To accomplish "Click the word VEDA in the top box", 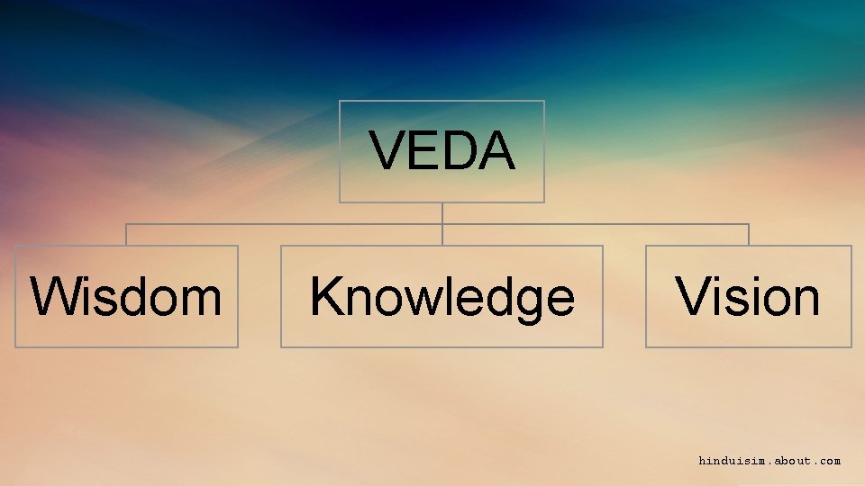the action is [442, 150].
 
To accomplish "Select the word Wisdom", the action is [126, 297].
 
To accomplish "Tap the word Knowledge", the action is [442, 298].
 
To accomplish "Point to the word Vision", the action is [748, 297].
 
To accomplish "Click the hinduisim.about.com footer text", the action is [769, 461].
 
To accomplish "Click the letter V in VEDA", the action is [386, 150].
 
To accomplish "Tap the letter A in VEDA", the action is [497, 150].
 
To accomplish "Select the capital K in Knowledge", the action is [325, 297].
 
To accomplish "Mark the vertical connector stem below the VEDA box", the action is [442, 213].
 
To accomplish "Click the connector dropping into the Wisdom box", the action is [126, 235].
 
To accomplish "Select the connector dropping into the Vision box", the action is [749, 235].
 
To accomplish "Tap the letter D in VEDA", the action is [460, 150].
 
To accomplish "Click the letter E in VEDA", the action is [422, 150].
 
